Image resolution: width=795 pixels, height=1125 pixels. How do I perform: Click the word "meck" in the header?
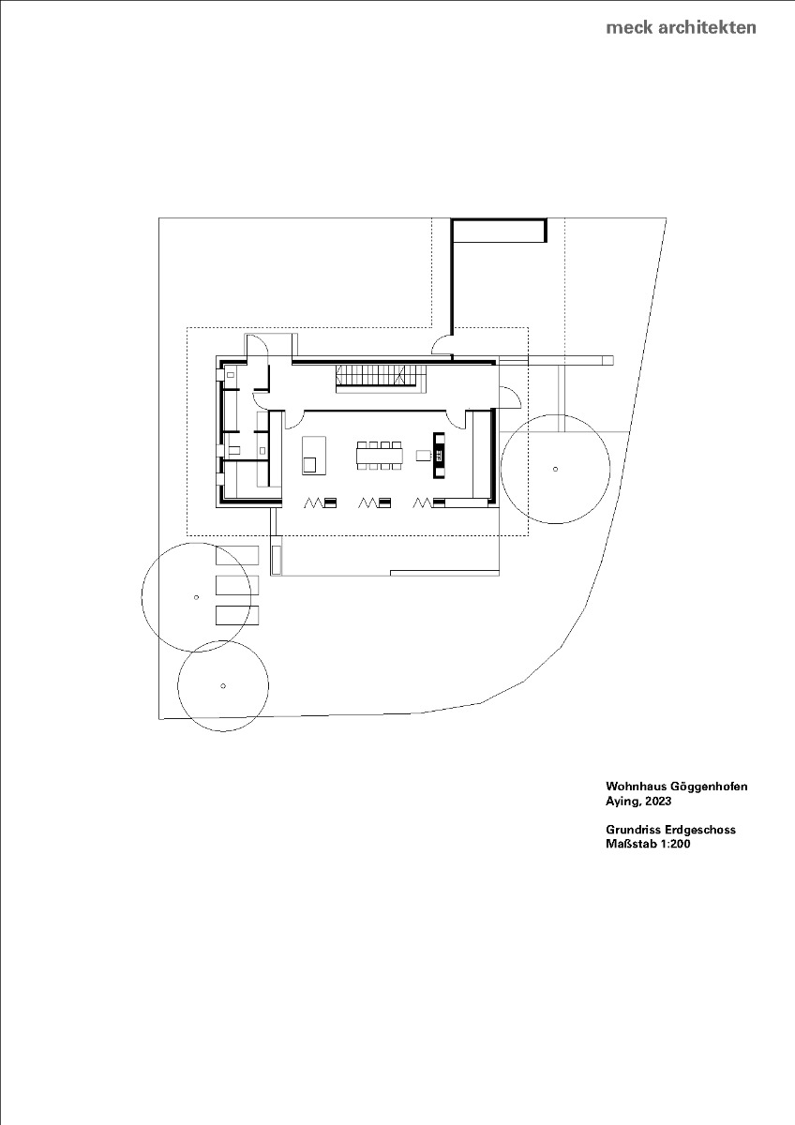628,27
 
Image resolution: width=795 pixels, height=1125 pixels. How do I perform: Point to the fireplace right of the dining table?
438,455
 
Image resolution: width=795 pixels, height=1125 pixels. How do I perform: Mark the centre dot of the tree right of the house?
556,468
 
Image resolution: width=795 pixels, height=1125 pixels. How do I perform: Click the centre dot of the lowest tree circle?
223,685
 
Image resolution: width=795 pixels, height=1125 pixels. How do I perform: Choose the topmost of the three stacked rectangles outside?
237,555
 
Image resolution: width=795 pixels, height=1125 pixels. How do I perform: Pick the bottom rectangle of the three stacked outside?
237,615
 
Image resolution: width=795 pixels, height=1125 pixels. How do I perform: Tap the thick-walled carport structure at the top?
498,231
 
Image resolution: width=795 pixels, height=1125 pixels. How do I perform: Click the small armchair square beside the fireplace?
423,455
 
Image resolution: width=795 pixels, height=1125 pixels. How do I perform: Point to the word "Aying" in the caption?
622,802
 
